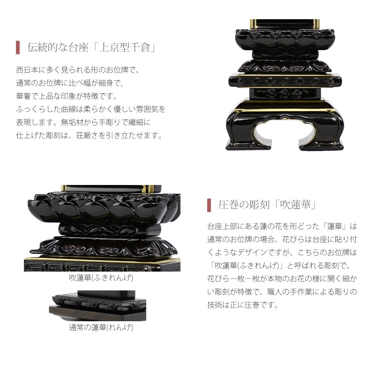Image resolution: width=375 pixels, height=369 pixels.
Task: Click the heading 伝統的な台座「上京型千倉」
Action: click(x=91, y=47)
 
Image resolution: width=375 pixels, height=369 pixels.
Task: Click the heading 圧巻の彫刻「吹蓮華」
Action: click(x=267, y=205)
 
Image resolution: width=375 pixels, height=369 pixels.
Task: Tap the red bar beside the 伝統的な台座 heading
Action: click(x=18, y=47)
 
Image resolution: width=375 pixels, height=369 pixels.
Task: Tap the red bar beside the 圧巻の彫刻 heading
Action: click(x=209, y=205)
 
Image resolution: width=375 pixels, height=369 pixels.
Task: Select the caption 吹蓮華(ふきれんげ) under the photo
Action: click(x=101, y=278)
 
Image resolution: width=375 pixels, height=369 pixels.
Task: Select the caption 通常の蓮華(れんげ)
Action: click(x=101, y=327)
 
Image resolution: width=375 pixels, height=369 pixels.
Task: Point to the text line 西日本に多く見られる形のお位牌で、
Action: click(x=78, y=70)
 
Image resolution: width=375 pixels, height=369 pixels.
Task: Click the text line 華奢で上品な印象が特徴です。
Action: click(x=67, y=96)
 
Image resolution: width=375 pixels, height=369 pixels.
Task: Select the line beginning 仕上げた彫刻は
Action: click(x=90, y=135)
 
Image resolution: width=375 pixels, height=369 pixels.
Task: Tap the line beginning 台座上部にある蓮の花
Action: click(x=282, y=226)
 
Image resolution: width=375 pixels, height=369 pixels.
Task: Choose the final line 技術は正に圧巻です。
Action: click(x=243, y=305)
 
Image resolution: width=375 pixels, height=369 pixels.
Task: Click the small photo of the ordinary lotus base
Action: click(x=97, y=306)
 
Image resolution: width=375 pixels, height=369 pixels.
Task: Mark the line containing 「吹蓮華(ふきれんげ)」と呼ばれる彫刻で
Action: click(x=279, y=266)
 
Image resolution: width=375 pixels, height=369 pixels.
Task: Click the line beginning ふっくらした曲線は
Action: click(x=90, y=109)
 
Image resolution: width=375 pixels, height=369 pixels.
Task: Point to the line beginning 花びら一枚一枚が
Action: click(x=282, y=279)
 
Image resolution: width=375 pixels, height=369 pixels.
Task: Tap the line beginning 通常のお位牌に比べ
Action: click(x=69, y=83)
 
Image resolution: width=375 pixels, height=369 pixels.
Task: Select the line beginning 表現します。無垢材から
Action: click(x=83, y=122)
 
